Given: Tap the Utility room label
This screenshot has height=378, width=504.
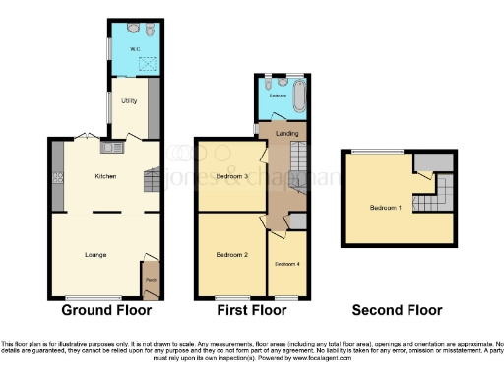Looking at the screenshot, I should [x=128, y=100].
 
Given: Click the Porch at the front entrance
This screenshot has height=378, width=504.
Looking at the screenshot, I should [x=151, y=278].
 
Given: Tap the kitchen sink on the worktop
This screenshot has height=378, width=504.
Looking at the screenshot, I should [x=108, y=148].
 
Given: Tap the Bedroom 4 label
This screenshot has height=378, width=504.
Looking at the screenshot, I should [x=286, y=264].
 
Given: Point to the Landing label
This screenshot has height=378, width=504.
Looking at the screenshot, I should [x=287, y=133].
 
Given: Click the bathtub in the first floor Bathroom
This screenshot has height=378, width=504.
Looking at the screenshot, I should [x=298, y=96].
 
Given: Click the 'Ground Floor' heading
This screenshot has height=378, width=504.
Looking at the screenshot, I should [x=106, y=309].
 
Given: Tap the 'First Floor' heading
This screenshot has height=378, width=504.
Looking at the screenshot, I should [x=252, y=309].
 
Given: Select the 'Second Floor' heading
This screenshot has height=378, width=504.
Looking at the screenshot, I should [x=398, y=309].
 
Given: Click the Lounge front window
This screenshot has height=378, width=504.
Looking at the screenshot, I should [x=93, y=298].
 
